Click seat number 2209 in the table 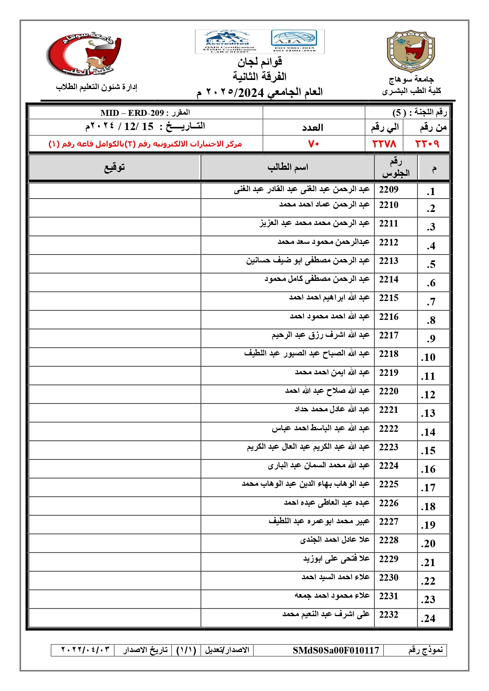click(389, 189)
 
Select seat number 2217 click(389, 335)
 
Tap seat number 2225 click(389, 484)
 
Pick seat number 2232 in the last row click(389, 615)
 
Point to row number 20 click(428, 544)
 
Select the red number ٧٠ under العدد click(314, 144)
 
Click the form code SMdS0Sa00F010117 click(336, 650)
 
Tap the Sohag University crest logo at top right click(411, 51)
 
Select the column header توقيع click(114, 167)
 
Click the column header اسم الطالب click(288, 167)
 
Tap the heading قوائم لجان click(260, 62)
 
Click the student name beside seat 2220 click(327, 391)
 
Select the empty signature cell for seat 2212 click(114, 245)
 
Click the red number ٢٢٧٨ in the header click(384, 144)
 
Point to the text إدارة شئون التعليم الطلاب click(97, 87)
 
